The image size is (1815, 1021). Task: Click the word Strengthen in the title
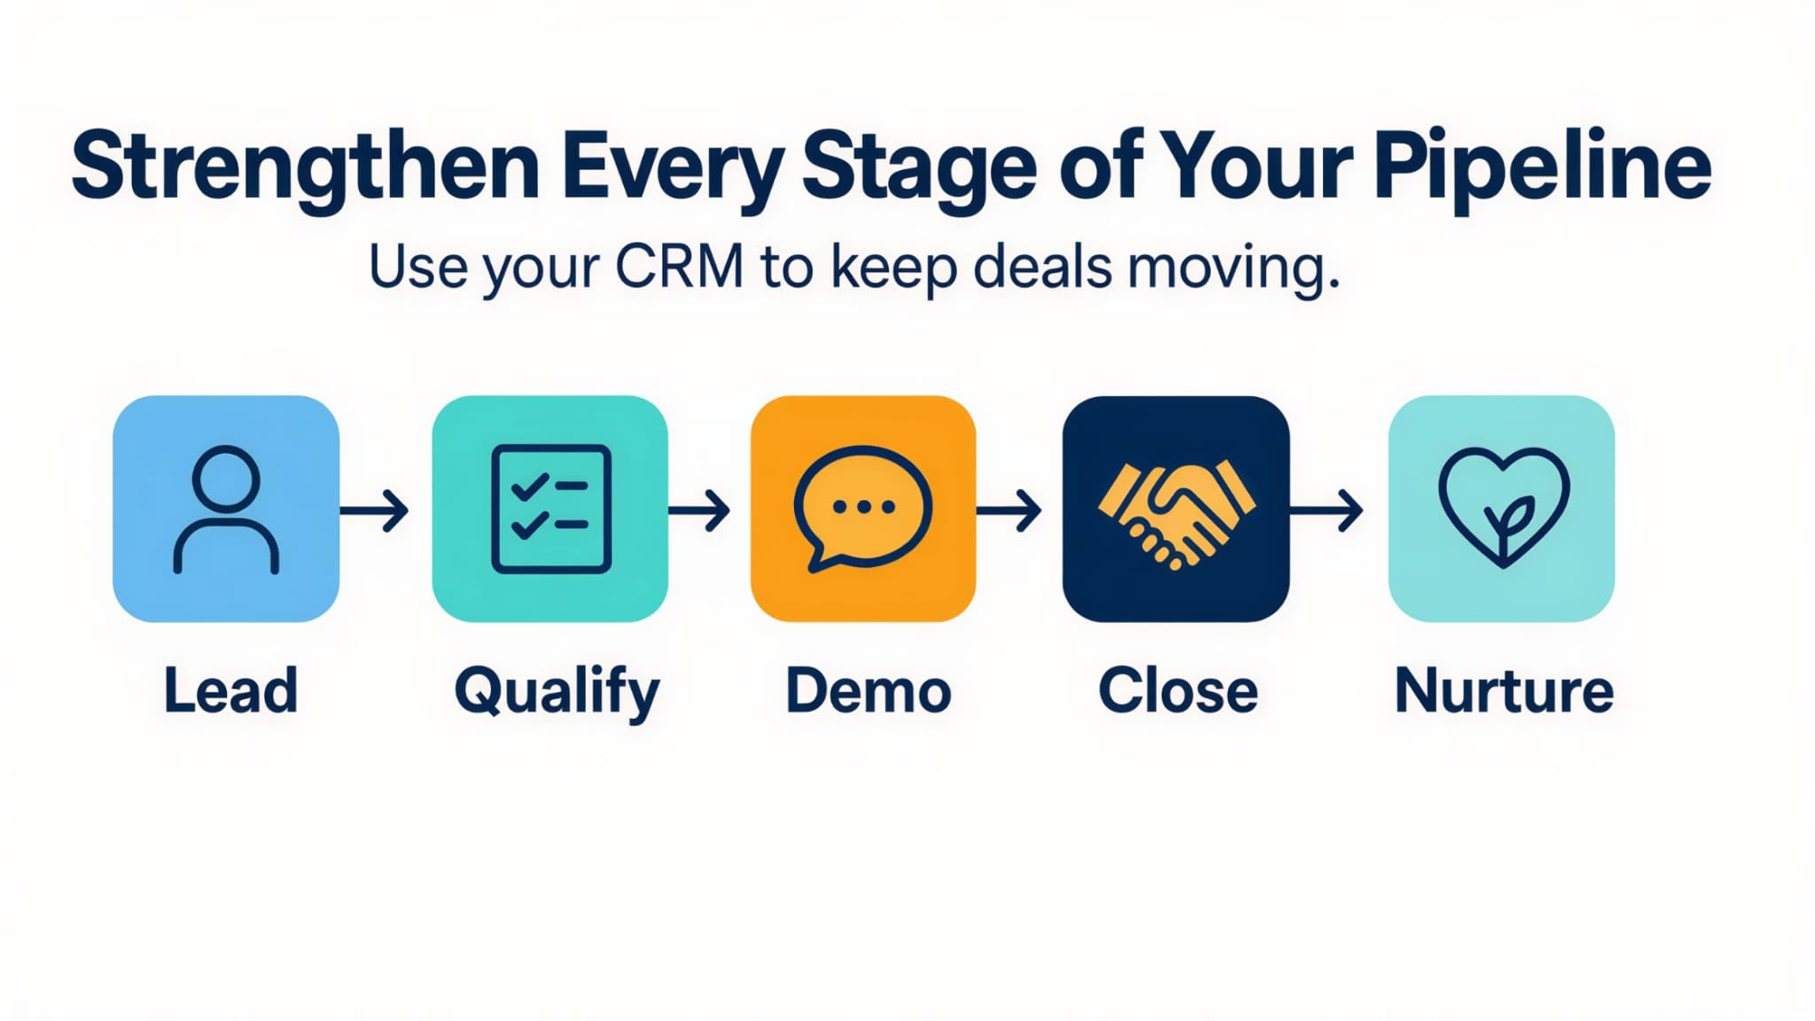[305, 167]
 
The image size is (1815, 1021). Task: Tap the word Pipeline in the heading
[1542, 167]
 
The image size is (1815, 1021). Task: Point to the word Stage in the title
[919, 167]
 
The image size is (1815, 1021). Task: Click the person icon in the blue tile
[226, 509]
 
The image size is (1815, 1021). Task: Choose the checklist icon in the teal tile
[550, 509]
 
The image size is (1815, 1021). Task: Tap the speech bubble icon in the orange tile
[862, 509]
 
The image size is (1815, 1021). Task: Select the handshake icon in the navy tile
[1176, 512]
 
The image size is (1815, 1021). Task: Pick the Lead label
[230, 690]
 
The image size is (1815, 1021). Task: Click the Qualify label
[557, 692]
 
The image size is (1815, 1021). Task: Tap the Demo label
[869, 690]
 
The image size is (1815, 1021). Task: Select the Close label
[1178, 690]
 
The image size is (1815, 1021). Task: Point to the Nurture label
[1504, 690]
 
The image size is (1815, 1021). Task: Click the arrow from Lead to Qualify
[375, 510]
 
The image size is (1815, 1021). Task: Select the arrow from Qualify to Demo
[699, 510]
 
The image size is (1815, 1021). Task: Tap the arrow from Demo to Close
[1009, 510]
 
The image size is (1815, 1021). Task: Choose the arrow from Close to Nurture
[1327, 510]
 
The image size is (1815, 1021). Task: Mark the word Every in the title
[672, 167]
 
